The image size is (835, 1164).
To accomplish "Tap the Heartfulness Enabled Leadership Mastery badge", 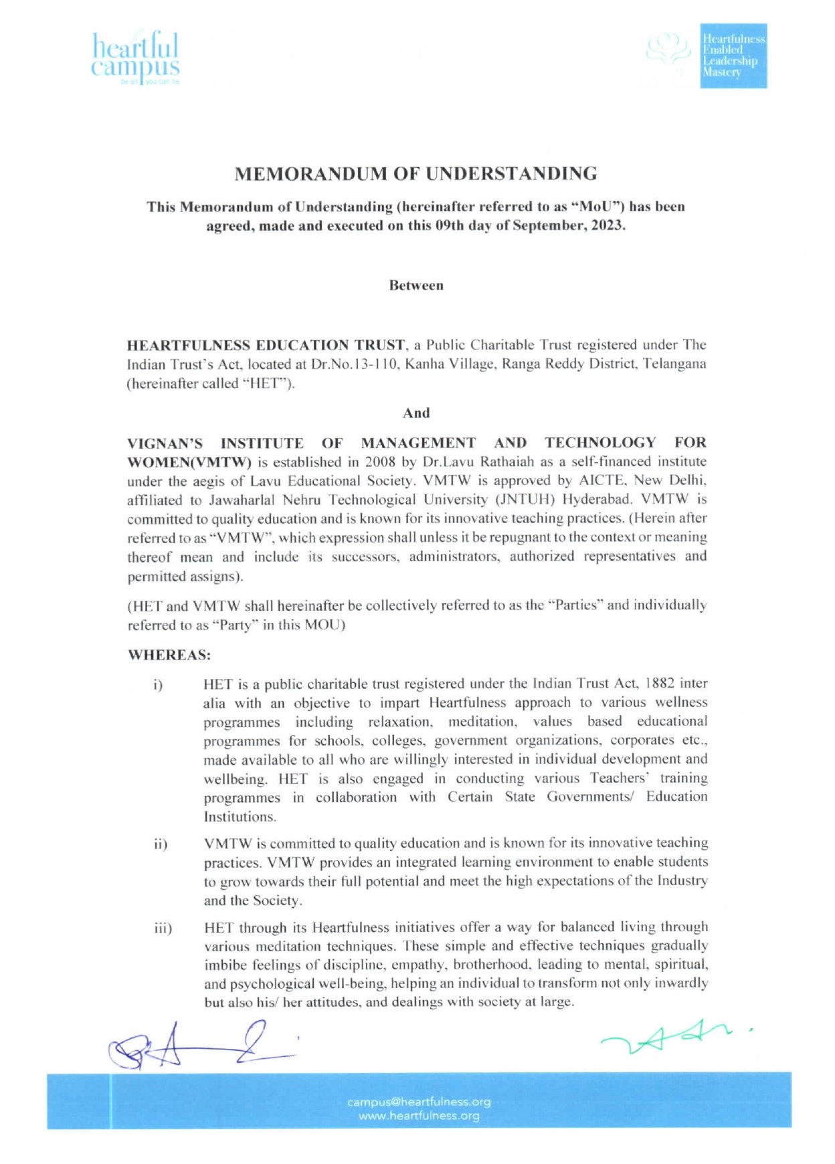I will (733, 56).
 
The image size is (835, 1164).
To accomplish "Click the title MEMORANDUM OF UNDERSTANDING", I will (415, 174).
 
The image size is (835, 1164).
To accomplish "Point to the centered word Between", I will (416, 286).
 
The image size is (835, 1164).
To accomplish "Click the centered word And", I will (416, 413).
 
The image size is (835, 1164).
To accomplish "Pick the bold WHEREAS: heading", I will (169, 655).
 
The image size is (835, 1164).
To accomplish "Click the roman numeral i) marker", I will (158, 685).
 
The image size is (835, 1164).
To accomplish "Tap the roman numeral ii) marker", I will (161, 844).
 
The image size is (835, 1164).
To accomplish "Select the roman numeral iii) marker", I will (163, 929).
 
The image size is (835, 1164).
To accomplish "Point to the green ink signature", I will (672, 1036).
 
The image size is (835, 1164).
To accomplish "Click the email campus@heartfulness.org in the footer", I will (419, 1102).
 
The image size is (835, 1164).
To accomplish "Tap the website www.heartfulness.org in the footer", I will (419, 1116).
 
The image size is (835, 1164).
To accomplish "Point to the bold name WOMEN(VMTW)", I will (189, 462).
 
